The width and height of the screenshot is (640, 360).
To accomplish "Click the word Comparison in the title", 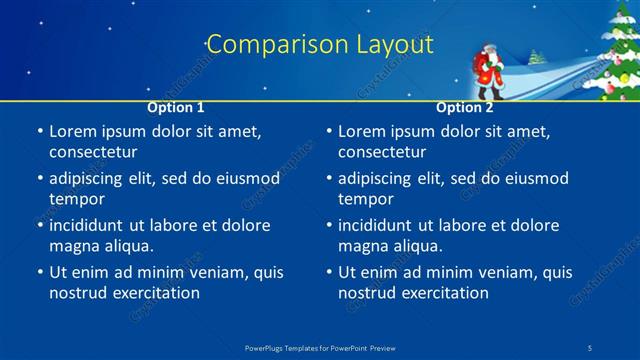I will [265, 45].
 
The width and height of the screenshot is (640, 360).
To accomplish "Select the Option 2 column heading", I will [464, 107].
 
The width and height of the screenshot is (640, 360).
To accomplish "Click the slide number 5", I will [592, 347].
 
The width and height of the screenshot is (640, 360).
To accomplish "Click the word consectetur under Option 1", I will [93, 152].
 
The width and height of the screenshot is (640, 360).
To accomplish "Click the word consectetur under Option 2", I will [382, 152].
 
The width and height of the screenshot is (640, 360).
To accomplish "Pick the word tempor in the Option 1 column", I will [77, 198].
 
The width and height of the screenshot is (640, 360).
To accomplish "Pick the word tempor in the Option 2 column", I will [366, 198].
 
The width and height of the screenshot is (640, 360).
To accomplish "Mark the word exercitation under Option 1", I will [154, 293].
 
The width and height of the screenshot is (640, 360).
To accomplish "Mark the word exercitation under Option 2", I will [443, 293].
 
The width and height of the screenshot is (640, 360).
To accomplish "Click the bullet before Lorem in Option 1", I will [39, 132].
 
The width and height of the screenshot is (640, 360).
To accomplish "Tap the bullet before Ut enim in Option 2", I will [328, 272].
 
